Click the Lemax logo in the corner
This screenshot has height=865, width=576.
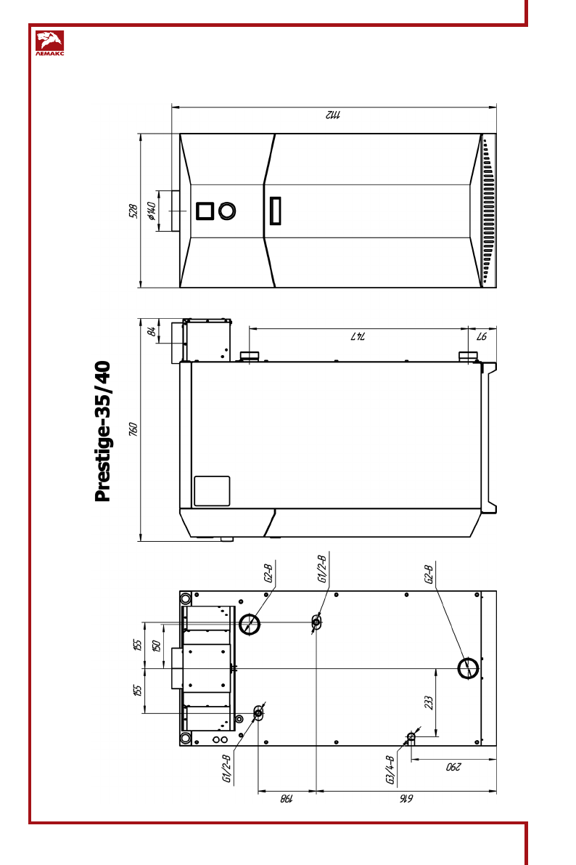tap(49, 44)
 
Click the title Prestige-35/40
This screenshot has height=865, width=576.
tap(102, 431)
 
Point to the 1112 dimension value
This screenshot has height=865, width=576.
tap(333, 115)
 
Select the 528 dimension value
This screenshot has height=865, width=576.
tap(133, 211)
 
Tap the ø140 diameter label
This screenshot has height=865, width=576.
tap(152, 211)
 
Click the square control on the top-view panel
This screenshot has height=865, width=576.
tap(205, 211)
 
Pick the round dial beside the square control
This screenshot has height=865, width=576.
tap(227, 211)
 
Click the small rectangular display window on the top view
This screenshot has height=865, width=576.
tap(275, 211)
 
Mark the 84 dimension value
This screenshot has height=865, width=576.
tap(151, 331)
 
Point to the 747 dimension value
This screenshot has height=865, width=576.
tap(358, 336)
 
